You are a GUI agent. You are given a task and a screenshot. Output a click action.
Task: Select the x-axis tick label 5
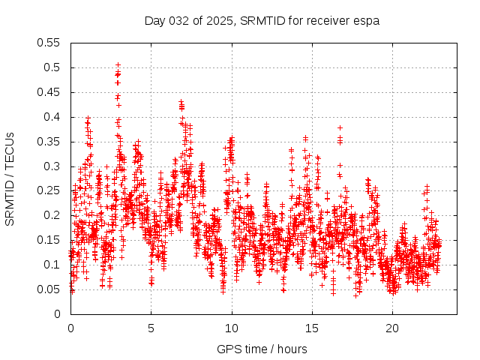[151, 328]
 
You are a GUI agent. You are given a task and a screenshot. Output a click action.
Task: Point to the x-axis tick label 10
[232, 328]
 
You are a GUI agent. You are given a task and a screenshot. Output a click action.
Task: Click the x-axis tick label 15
[312, 328]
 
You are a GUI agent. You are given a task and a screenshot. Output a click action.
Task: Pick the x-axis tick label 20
[392, 328]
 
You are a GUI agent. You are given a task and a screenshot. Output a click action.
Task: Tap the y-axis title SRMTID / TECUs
[10, 178]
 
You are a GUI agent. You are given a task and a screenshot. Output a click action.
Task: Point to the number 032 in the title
[179, 20]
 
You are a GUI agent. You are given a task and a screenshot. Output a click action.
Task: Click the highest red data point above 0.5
[118, 65]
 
